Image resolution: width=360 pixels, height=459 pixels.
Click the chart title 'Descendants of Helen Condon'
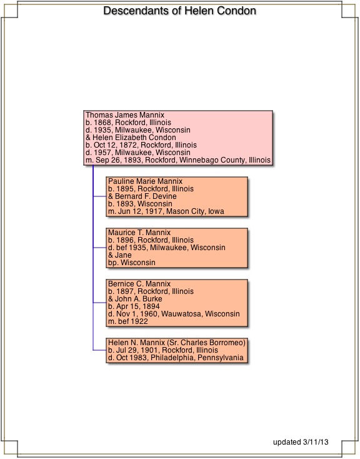[180, 11]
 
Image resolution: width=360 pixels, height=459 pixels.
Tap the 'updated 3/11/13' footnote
[301, 442]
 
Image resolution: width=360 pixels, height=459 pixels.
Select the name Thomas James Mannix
[125, 115]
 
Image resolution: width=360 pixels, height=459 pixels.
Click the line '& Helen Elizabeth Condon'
[131, 138]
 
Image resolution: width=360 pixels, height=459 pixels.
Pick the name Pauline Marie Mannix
[145, 181]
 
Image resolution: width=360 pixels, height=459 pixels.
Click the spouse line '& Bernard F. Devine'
[142, 196]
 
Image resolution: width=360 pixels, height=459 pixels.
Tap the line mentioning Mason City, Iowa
[166, 211]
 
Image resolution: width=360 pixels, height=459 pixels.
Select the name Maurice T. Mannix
[139, 233]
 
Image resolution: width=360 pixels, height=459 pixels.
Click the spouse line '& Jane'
[120, 255]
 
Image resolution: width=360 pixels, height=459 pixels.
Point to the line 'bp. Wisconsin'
[132, 263]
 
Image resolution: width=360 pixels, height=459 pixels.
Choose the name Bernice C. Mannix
[139, 284]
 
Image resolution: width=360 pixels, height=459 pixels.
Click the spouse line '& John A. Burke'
[135, 299]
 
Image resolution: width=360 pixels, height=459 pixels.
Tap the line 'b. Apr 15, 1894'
[134, 306]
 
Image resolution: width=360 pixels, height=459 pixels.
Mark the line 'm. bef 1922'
[128, 321]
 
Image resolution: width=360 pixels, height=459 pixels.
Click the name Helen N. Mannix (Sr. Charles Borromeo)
[177, 343]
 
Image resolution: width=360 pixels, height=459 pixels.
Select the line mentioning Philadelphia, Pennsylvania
[176, 358]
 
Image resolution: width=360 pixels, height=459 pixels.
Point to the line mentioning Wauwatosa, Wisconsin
[174, 314]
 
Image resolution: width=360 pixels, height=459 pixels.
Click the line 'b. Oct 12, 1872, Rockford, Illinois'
[141, 145]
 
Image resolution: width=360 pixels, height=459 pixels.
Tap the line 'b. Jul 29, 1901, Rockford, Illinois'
[163, 350]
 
